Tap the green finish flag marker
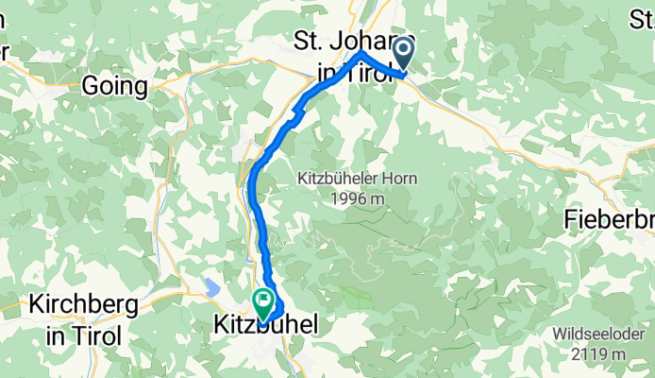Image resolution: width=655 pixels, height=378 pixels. pyautogui.click(x=262, y=305)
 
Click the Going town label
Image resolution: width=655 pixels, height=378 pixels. pyautogui.click(x=114, y=87)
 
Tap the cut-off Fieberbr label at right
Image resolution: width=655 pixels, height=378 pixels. pyautogui.click(x=609, y=220)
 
